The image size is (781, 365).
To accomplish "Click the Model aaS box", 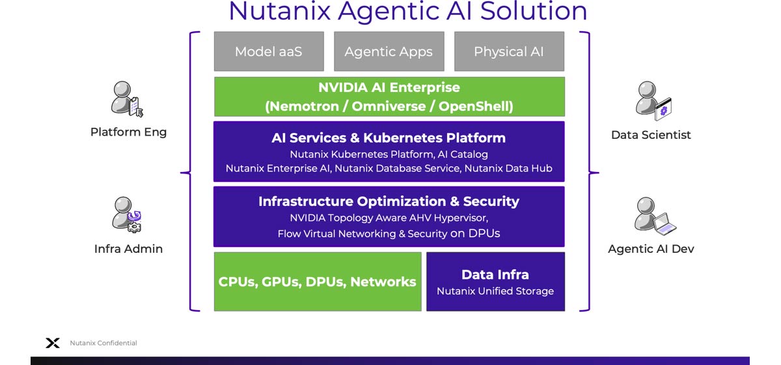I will [269, 51].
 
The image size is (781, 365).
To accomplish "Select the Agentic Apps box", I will [389, 51].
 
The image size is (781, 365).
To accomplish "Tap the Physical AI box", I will [509, 51].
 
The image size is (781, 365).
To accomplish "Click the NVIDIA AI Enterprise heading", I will [389, 87].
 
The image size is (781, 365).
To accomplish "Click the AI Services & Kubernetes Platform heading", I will [389, 138].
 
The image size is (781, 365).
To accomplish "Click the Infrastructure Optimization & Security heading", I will [389, 201].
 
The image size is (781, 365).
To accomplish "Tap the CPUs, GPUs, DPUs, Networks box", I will [318, 282].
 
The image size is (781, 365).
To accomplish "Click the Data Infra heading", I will [495, 274].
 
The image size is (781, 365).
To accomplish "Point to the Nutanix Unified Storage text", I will [495, 291].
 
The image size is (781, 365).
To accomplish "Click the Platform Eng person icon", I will [126, 99].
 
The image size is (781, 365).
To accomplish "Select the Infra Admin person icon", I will [126, 214].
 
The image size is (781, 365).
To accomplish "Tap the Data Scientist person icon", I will [653, 100].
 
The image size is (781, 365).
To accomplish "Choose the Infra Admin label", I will [128, 249].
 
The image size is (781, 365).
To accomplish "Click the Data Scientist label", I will [651, 135].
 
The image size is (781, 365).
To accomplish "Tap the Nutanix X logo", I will [53, 343].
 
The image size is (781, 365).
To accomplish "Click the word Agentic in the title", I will [402, 11].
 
